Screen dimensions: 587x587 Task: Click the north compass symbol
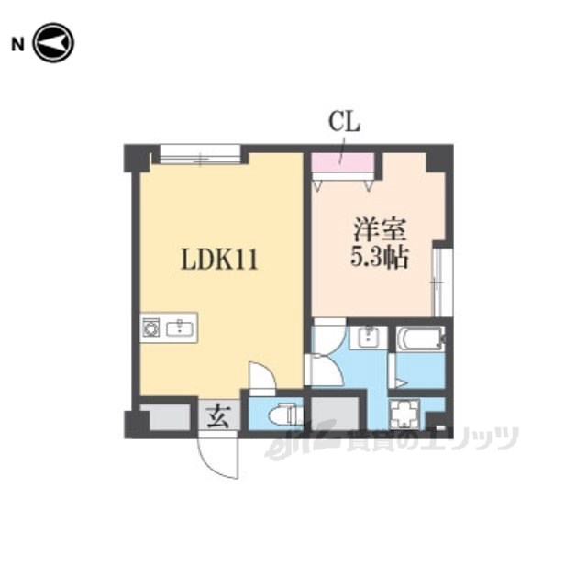coord(53,43)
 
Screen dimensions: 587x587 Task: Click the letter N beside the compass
coord(17,45)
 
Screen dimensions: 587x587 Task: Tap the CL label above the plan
coord(344,122)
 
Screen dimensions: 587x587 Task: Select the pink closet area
coord(343,162)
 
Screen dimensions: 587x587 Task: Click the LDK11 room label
coord(219,260)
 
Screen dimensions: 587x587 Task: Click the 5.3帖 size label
coord(379,257)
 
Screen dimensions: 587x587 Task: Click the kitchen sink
coord(180,328)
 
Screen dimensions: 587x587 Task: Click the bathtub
coord(420,338)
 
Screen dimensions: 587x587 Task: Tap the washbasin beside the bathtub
coord(369,338)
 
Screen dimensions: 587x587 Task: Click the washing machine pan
coord(404,414)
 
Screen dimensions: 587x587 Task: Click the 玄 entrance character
coord(219,415)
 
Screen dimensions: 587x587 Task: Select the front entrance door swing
coord(218,455)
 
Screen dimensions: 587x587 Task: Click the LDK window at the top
coord(200,154)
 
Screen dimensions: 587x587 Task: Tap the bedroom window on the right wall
coord(443,282)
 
